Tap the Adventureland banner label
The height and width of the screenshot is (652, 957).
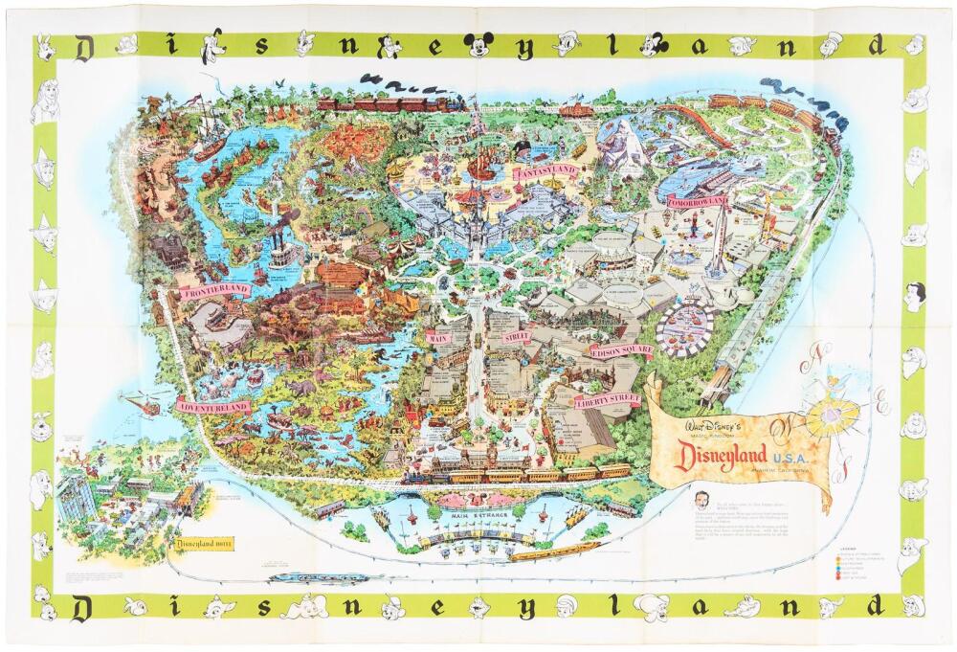214,407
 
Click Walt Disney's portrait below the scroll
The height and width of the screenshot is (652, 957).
702,504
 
